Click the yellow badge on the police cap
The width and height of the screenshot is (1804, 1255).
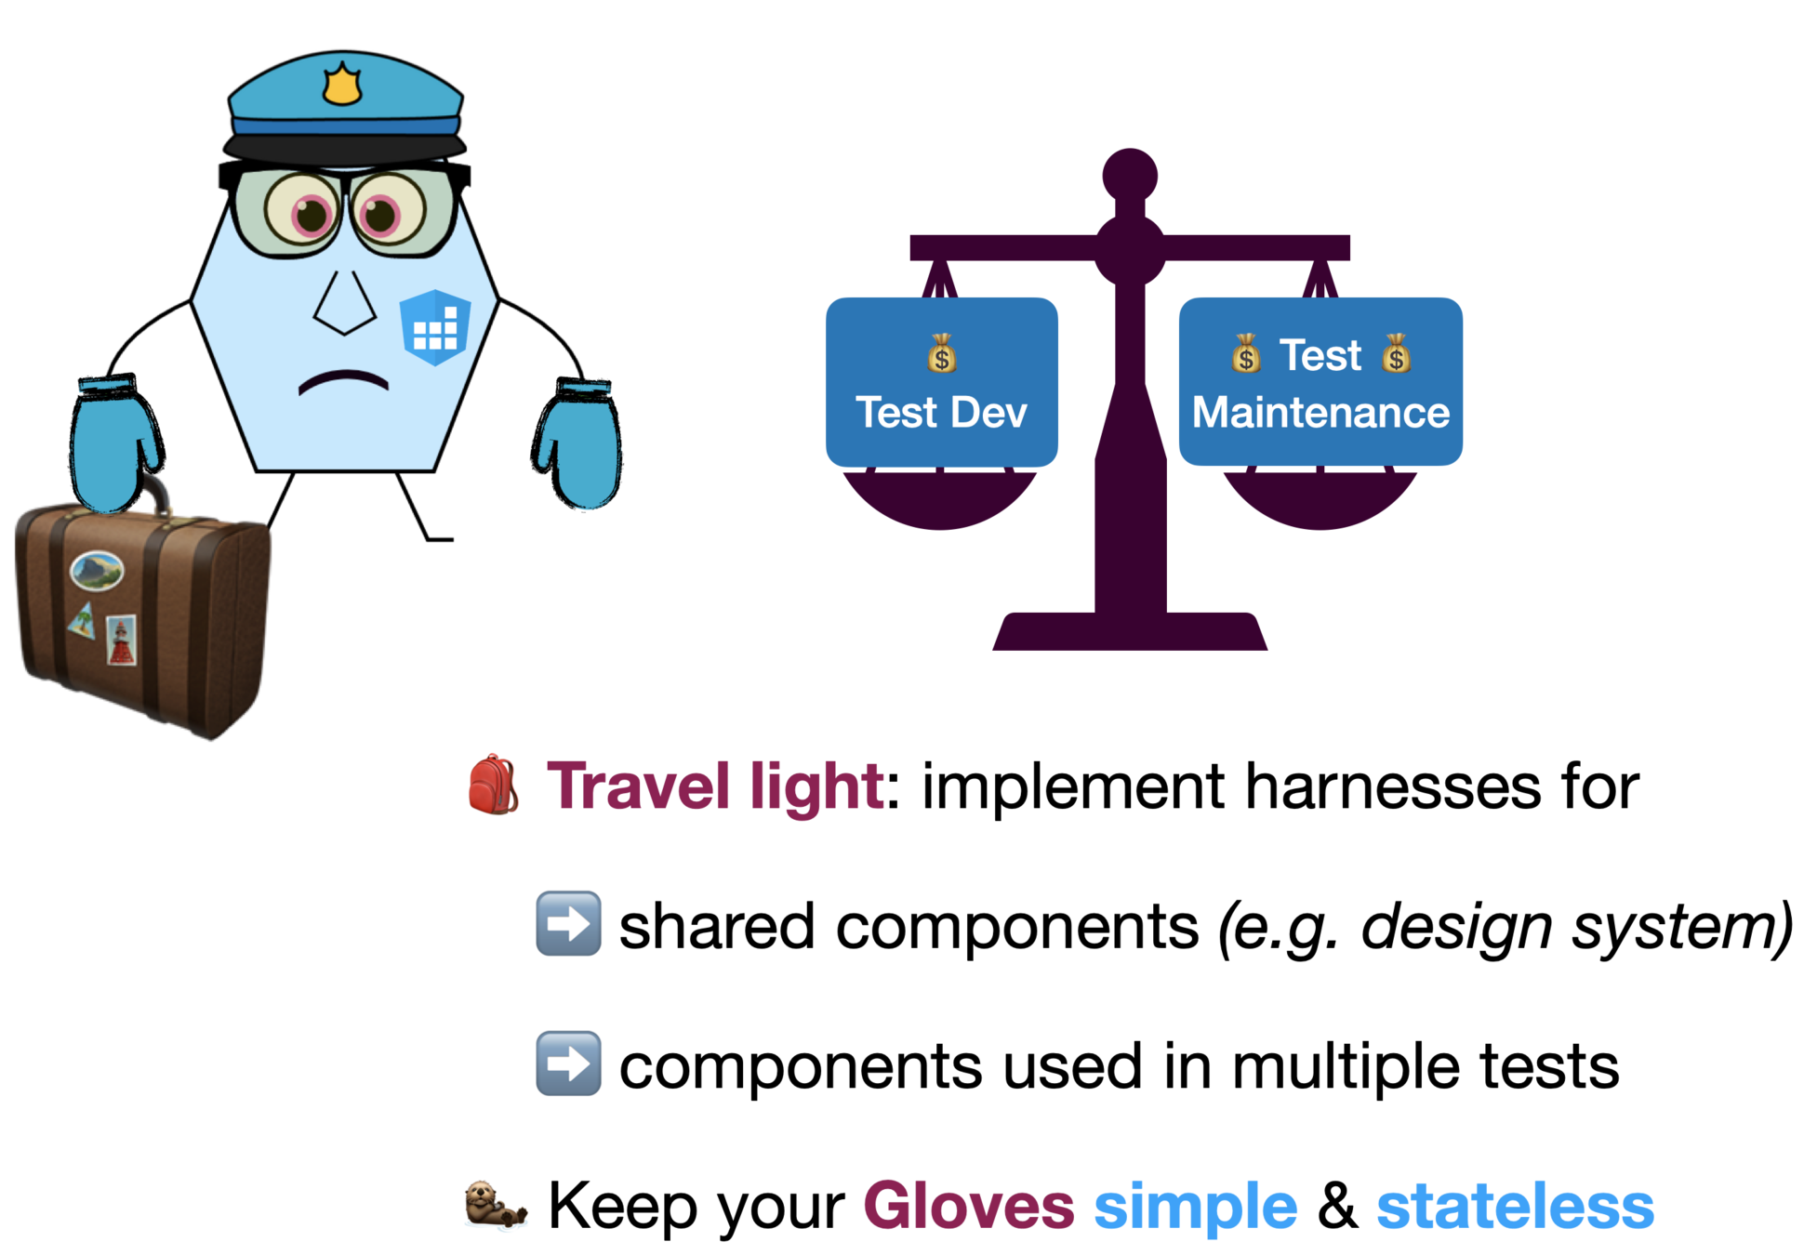[341, 85]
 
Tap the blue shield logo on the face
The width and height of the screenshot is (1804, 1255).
[435, 327]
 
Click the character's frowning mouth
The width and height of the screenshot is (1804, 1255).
[343, 381]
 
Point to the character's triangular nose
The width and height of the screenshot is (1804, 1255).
[344, 303]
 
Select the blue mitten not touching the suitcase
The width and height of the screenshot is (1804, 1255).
[581, 446]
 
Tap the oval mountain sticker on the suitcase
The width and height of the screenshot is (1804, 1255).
[97, 570]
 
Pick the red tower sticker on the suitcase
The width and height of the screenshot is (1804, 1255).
[121, 640]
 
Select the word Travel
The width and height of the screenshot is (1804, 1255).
[638, 786]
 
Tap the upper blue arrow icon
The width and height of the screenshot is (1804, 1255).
[569, 923]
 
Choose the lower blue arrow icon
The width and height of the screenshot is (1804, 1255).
[569, 1063]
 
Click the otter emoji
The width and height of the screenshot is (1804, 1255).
[496, 1206]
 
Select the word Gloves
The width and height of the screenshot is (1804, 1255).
[969, 1207]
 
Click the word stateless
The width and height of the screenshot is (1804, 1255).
[1515, 1207]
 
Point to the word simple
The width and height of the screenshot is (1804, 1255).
[1195, 1207]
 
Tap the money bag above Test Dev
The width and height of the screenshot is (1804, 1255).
[941, 353]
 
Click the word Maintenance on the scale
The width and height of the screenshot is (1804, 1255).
[1320, 413]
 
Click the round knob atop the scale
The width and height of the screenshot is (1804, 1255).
[1130, 175]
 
